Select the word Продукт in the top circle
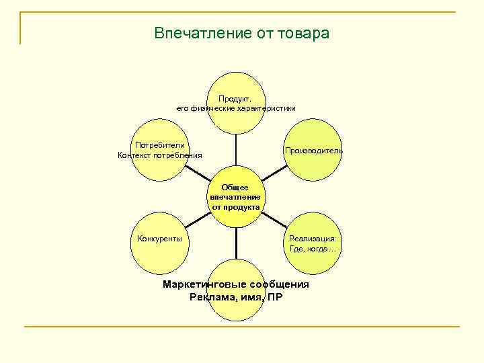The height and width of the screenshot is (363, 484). [234, 98]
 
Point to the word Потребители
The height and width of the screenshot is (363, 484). [160, 145]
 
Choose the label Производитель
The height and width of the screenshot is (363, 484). [313, 150]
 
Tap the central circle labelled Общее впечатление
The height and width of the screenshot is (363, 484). [235, 197]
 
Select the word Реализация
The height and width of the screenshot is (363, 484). [313, 239]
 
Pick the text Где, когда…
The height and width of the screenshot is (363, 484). [313, 249]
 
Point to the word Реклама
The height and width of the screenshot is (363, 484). [214, 296]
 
